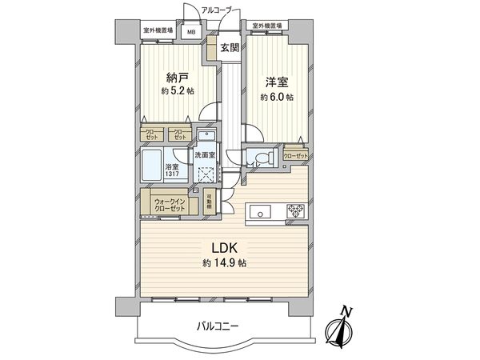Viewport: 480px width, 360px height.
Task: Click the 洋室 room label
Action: click(277, 82)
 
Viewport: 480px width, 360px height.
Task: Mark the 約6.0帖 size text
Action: click(277, 97)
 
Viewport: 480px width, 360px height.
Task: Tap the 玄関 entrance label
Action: click(230, 47)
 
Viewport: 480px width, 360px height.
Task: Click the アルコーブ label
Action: click(216, 10)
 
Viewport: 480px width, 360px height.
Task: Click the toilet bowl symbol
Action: click(262, 158)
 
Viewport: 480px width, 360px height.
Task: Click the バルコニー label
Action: click(218, 326)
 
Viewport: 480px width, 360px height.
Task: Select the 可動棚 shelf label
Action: click(209, 201)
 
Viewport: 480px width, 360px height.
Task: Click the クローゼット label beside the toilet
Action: click(295, 157)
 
